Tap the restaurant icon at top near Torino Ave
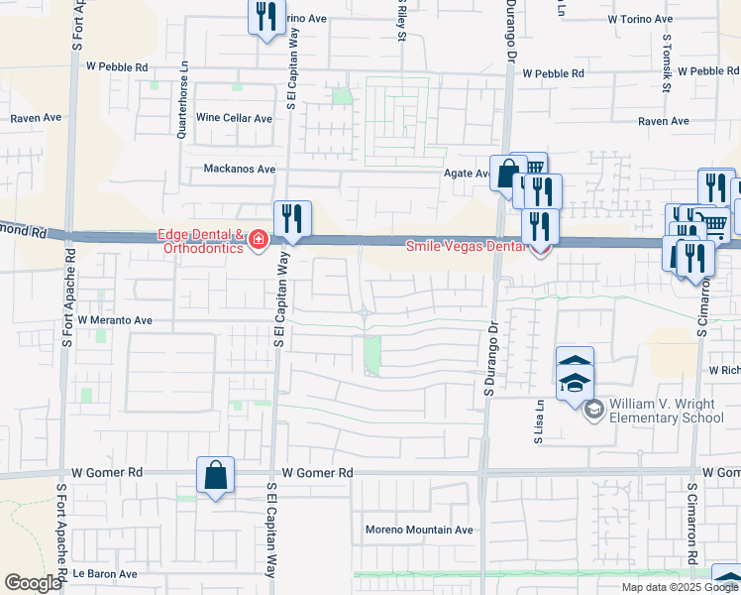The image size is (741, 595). tap(265, 17)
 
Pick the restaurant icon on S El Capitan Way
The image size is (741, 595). tap(292, 218)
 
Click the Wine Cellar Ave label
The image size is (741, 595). tap(234, 118)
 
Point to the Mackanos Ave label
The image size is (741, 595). tap(239, 169)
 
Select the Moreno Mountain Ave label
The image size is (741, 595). tap(419, 530)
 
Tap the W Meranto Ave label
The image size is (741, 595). tap(115, 320)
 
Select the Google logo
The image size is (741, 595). tap(34, 583)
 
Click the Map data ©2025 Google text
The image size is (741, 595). tap(680, 587)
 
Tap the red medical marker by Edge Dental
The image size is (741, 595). tap(258, 241)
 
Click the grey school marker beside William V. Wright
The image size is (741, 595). tap(593, 410)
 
